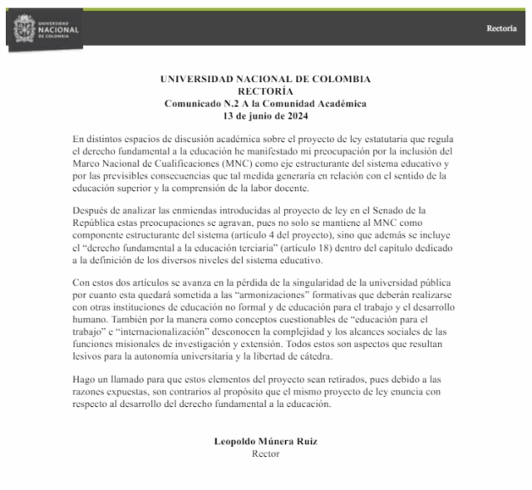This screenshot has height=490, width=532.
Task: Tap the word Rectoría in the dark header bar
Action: pyautogui.click(x=501, y=28)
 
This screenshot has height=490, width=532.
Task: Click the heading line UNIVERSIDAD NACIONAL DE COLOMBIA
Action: pyautogui.click(x=265, y=79)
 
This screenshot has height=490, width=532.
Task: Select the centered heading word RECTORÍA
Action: pyautogui.click(x=265, y=91)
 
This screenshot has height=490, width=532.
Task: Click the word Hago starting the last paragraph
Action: pyautogui.click(x=83, y=379)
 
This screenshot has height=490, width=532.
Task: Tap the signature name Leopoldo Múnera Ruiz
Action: pyautogui.click(x=265, y=441)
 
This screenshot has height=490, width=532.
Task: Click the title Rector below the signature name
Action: pyautogui.click(x=265, y=453)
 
